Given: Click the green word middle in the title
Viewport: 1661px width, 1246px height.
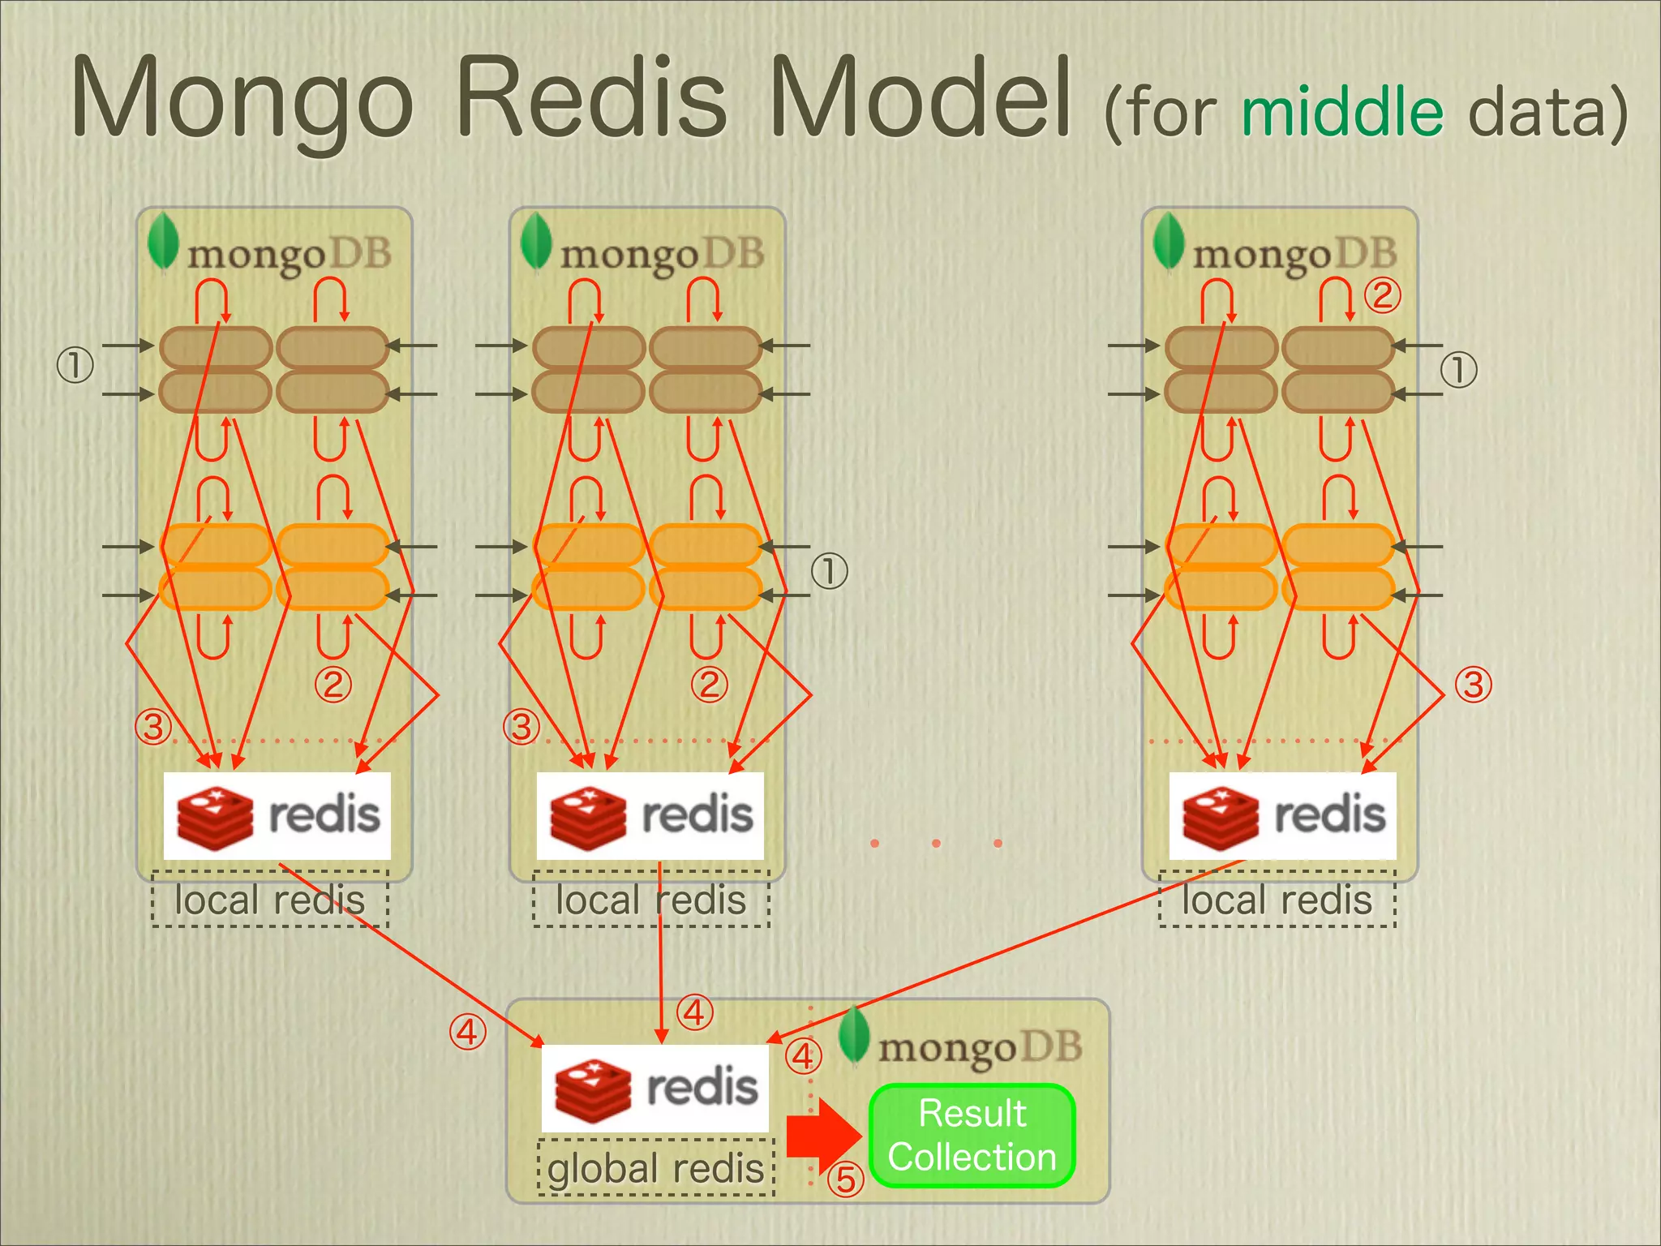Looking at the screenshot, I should point(1342,111).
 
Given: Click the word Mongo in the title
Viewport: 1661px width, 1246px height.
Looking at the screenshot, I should point(243,99).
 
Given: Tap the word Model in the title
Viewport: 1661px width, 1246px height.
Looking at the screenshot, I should point(921,99).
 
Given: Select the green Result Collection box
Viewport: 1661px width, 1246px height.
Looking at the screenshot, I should point(972,1135).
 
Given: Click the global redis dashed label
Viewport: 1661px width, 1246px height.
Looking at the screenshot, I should point(655,1168).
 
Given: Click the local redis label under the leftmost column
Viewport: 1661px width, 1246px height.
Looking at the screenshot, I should point(270,900).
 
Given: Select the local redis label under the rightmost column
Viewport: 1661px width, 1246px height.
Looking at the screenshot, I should point(1277,900).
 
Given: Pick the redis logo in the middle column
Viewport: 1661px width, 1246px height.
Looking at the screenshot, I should point(650,815).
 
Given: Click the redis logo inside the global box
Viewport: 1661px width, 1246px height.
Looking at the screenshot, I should point(655,1088).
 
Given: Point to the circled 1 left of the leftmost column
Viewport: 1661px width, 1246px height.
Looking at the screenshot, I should point(75,365).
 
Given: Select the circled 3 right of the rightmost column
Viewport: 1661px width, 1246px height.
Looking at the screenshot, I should point(1473,684).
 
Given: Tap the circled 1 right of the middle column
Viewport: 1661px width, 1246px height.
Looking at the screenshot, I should point(830,571).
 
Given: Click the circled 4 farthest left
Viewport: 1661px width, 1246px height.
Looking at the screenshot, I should point(468,1032).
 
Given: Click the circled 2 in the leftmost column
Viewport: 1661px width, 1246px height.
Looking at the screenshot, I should point(333,684).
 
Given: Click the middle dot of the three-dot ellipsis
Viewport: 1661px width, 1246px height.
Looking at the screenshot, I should point(936,844).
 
